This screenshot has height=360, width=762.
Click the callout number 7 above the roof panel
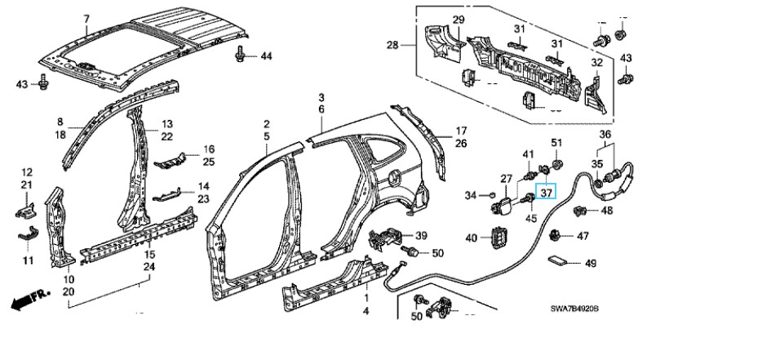[85, 18]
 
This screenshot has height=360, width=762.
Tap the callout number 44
[266, 56]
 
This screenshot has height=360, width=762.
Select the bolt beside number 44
[242, 55]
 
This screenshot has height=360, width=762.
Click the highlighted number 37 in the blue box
[546, 193]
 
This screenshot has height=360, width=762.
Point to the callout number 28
[393, 45]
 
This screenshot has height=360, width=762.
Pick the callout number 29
[458, 20]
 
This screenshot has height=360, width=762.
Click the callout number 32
[596, 63]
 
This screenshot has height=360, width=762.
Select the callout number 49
[591, 263]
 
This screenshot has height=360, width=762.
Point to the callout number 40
[472, 238]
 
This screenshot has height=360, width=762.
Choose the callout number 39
[421, 236]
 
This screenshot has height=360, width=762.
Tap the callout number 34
[469, 195]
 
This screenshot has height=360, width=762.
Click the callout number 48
[606, 211]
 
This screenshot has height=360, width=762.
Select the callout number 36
[605, 135]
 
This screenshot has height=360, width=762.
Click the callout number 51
[557, 144]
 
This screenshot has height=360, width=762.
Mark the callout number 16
[208, 149]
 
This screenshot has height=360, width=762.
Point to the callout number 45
[530, 217]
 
